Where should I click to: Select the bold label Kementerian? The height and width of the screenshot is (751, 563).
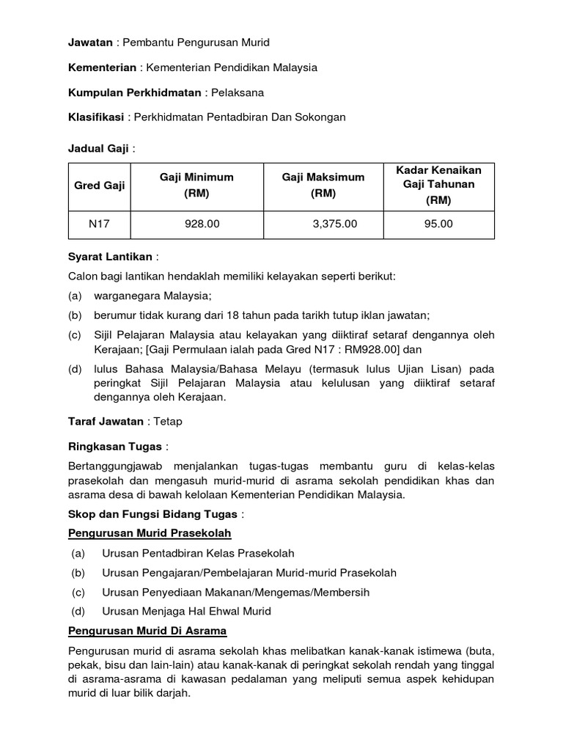[x=102, y=67]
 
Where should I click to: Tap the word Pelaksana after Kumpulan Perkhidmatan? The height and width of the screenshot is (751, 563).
[x=239, y=92]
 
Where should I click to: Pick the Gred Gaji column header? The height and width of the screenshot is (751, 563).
[x=100, y=186]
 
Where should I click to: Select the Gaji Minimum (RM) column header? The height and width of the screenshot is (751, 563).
[x=196, y=186]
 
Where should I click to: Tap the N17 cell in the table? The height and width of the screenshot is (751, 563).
[x=100, y=224]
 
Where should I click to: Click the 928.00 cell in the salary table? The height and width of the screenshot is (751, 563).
[x=202, y=224]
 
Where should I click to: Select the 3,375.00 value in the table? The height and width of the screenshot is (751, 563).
[x=334, y=224]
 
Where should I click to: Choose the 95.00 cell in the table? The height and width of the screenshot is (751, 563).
[x=438, y=224]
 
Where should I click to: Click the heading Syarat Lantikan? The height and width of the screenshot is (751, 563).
[x=110, y=257]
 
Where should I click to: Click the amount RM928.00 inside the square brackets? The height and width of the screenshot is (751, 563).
[x=370, y=349]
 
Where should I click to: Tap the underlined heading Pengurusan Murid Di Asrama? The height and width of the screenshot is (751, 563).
[x=147, y=631]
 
